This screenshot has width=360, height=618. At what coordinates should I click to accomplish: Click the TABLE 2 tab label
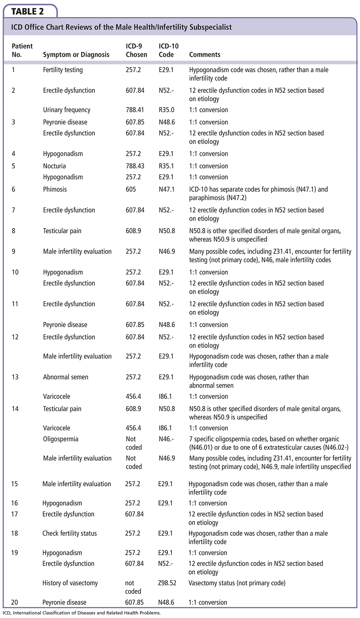coord(27,12)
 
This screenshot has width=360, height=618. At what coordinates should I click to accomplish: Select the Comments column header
coord(204,55)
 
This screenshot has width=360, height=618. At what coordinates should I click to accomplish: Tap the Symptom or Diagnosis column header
coord(76,55)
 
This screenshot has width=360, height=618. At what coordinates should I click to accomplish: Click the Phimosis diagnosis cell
coord(55,189)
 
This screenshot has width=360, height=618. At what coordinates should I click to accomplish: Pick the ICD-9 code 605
coord(131,189)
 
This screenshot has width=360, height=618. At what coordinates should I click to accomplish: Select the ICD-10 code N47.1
coord(166,189)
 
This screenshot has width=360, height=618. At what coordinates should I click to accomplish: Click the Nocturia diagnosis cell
coord(54,166)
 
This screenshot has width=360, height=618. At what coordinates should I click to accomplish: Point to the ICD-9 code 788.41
coord(135,110)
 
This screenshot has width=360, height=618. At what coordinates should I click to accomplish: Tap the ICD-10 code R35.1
coord(166,166)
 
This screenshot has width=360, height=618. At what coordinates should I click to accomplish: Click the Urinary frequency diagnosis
coord(67,110)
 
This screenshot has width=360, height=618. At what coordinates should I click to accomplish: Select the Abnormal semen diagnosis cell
coord(66,377)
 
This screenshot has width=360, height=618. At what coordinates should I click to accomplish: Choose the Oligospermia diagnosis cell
coord(60,439)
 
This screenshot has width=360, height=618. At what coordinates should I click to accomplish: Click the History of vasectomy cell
coord(70,583)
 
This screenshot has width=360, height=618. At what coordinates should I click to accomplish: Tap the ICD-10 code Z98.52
coord(167,583)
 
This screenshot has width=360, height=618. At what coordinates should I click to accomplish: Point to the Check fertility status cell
coord(69,533)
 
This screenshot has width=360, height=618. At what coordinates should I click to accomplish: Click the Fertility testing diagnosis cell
coord(63,70)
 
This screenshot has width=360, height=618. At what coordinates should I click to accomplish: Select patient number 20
coord(14,603)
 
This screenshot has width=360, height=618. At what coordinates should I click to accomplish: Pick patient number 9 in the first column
coord(13,251)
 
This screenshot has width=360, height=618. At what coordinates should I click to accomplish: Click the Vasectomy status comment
coord(237,583)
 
